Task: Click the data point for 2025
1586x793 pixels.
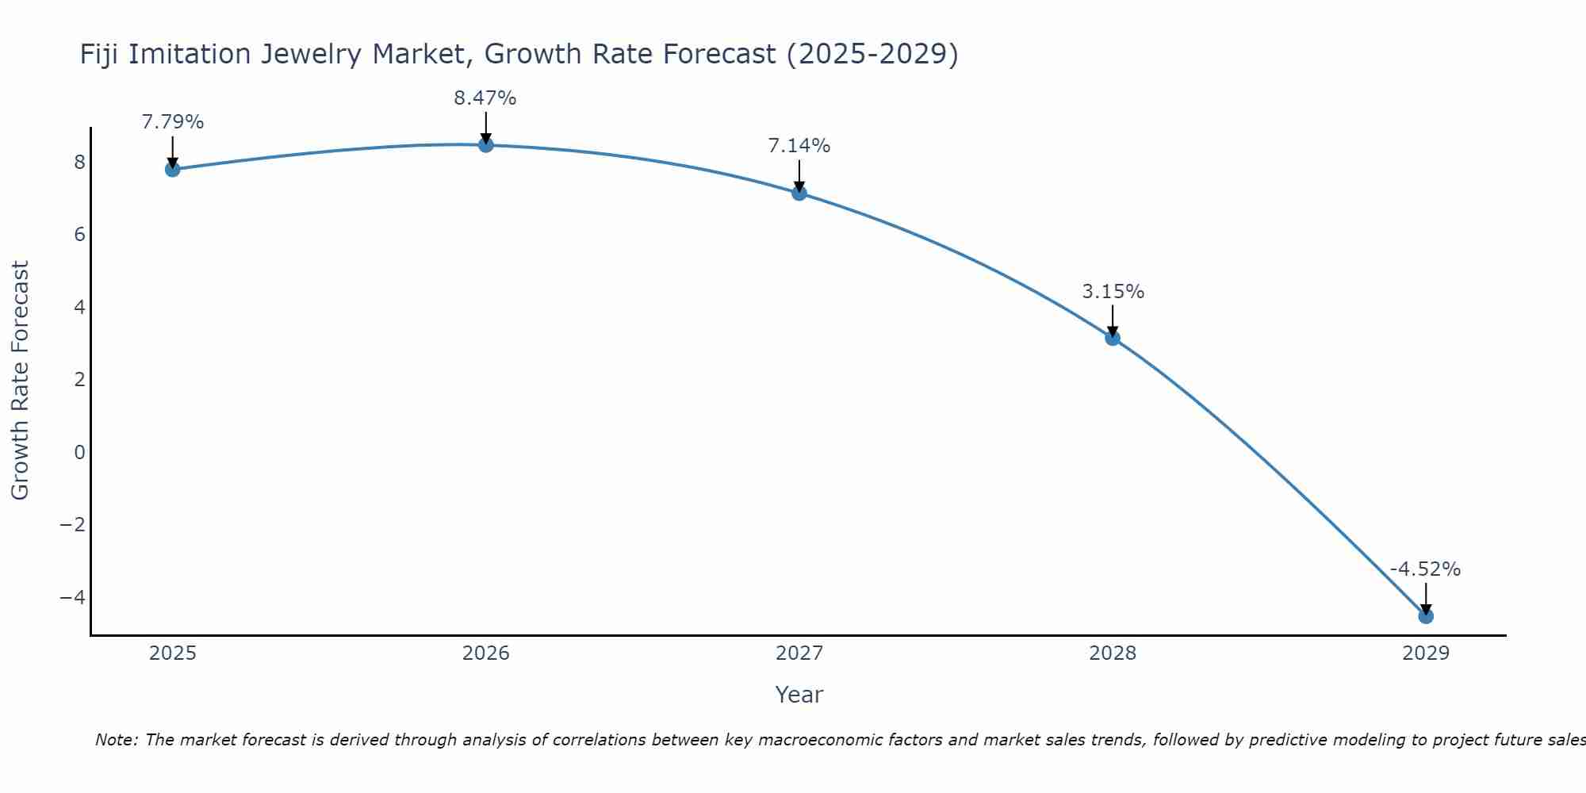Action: click(x=172, y=169)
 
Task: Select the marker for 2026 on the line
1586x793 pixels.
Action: click(x=486, y=144)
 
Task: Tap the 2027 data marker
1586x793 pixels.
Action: click(x=799, y=193)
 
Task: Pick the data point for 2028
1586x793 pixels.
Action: click(x=1113, y=338)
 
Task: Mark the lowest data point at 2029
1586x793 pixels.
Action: click(x=1426, y=616)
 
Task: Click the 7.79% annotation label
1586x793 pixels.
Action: click(x=172, y=122)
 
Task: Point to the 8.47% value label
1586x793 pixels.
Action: click(x=485, y=98)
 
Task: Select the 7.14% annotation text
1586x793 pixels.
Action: click(x=799, y=146)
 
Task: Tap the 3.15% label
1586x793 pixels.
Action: click(x=1113, y=292)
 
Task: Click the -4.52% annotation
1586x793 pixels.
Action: click(x=1425, y=569)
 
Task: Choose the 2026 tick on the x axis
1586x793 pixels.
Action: click(x=486, y=653)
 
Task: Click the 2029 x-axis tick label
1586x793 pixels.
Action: click(x=1426, y=653)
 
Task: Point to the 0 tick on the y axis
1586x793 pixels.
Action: click(x=79, y=452)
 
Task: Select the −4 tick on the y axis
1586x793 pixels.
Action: click(x=73, y=597)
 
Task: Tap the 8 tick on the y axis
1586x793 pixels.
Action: click(x=79, y=163)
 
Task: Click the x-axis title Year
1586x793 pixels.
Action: click(x=799, y=695)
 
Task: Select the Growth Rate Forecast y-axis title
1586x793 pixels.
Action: click(x=20, y=380)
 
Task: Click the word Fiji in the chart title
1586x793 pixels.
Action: click(x=100, y=54)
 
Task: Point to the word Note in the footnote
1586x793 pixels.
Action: click(x=117, y=740)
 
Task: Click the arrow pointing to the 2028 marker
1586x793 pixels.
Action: click(x=1113, y=320)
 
